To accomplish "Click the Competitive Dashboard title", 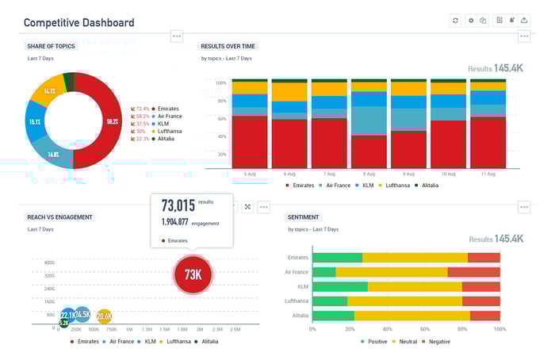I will pos(78,23).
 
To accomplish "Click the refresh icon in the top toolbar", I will pos(455,21).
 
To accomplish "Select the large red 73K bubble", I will pos(193,274).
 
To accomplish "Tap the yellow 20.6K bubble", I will pos(104,316).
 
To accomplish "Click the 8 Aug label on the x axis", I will pos(369,173).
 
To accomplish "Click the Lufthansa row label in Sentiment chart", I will pos(296,301).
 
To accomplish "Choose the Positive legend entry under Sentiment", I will pos(376,341).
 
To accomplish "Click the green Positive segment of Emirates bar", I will pos(337,258).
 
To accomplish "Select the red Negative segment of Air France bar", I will pos(473,272).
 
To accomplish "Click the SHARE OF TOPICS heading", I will pos(52,46).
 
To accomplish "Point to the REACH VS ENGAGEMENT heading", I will pos(60,216).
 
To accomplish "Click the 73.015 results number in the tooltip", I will pos(178,205).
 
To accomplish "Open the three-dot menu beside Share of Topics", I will pos(177,36).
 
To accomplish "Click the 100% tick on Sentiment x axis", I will pos(499,328).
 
